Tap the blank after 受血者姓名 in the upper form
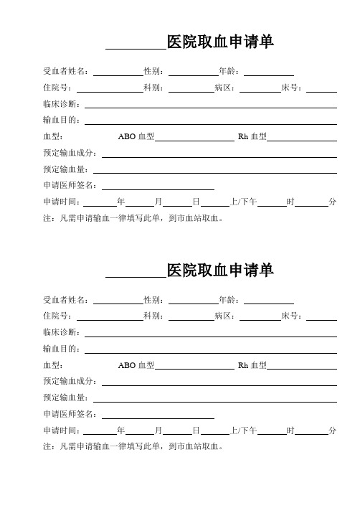[x=118, y=72]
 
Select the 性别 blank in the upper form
[x=192, y=72]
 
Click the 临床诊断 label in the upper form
[x=63, y=104]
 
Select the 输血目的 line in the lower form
[x=211, y=349]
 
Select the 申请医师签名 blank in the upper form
[x=158, y=185]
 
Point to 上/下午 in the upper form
[x=244, y=202]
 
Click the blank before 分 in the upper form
[x=312, y=202]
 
